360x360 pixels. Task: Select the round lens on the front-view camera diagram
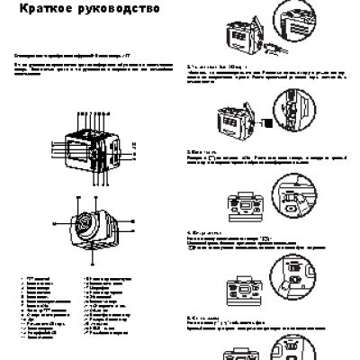click(86, 223)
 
